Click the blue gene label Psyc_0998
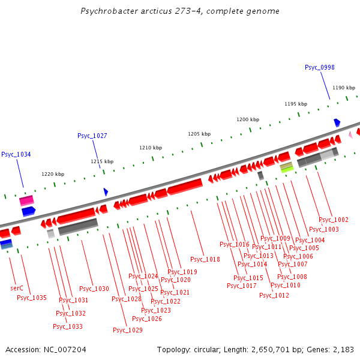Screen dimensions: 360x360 (319, 67)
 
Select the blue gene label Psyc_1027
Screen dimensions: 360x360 (92, 136)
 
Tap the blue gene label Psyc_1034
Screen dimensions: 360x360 (16, 154)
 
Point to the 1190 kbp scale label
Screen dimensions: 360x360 (344, 88)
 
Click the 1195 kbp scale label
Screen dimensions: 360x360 (295, 104)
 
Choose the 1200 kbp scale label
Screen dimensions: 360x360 (248, 119)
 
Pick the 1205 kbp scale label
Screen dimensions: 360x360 (199, 134)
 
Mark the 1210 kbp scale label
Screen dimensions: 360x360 (151, 148)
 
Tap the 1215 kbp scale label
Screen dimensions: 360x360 (102, 161)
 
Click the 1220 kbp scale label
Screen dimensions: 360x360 (52, 174)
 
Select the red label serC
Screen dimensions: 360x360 (17, 288)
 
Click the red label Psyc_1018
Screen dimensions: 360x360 (205, 259)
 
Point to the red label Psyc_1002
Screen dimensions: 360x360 (334, 220)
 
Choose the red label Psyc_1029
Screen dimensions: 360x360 (128, 330)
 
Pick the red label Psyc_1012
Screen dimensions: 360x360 (274, 295)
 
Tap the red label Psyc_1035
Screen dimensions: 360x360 (32, 298)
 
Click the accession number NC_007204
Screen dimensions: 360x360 (65, 349)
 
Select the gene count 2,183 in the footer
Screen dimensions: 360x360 (342, 349)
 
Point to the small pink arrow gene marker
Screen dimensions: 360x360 (350, 135)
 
